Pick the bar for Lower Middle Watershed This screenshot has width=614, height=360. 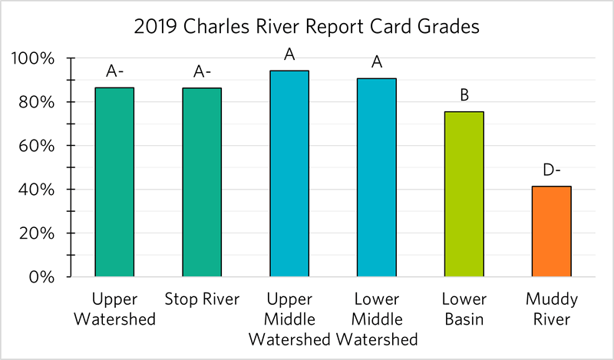click(x=377, y=177)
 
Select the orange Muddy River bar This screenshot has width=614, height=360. click(x=552, y=231)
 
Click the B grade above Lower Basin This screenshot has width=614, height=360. click(x=464, y=96)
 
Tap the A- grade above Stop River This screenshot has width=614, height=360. click(x=202, y=72)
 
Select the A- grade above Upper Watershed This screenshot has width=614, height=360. click(x=114, y=72)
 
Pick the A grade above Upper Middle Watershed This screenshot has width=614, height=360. click(x=289, y=54)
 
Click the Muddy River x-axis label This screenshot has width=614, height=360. click(x=552, y=308)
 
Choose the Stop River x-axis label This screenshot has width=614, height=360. click(x=201, y=299)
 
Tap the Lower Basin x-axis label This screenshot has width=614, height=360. click(x=464, y=308)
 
